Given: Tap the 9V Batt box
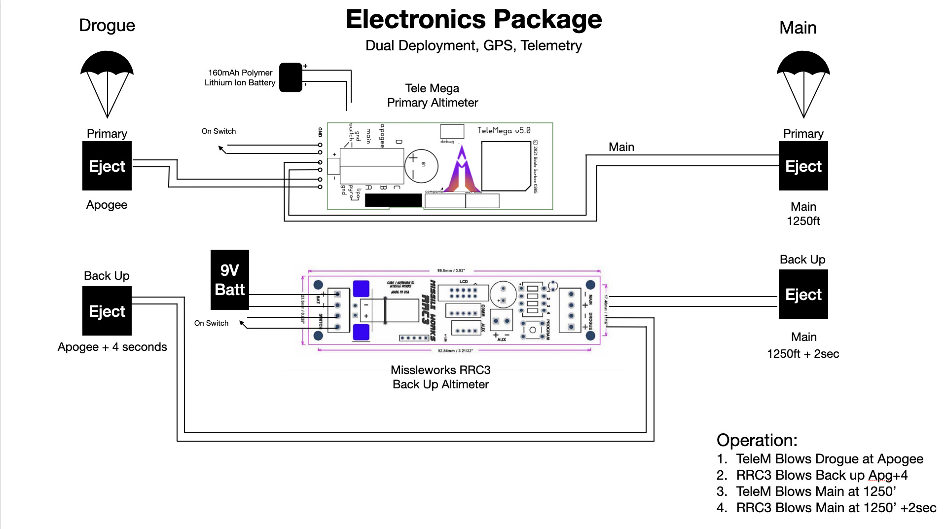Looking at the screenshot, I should [230, 280].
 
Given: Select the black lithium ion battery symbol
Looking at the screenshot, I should [291, 77].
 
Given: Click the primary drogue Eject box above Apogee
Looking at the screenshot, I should [107, 166].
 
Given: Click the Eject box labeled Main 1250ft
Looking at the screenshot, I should [803, 166].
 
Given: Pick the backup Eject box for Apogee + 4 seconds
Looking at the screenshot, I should [107, 311].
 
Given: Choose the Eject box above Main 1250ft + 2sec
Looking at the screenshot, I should [803, 294].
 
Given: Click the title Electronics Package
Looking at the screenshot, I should [473, 20].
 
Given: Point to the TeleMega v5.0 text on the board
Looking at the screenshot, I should [504, 131].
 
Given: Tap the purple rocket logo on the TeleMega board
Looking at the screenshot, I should [462, 170].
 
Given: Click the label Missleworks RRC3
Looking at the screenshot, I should [440, 370].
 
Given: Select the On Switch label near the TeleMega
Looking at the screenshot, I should [218, 131].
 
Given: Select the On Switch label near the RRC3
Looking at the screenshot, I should [211, 323].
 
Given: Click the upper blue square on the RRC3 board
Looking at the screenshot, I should [361, 289].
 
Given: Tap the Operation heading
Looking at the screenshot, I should [757, 440].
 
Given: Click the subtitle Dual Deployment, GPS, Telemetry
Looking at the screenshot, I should [473, 46].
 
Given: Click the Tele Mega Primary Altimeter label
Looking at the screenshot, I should [433, 95].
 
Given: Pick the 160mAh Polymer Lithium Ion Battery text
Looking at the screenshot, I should [240, 78].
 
